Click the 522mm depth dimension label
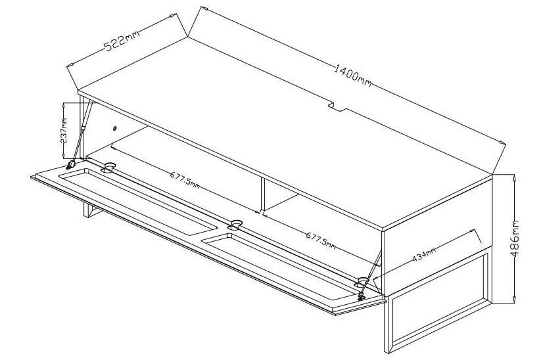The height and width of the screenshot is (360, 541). tap(122, 40)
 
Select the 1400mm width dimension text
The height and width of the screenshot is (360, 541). tap(352, 76)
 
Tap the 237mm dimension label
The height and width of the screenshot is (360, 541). tap(64, 131)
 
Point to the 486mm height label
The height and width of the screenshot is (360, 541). tap(515, 238)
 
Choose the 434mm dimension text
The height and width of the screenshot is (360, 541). tap(425, 254)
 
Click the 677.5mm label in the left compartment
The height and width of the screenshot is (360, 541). tap(185, 180)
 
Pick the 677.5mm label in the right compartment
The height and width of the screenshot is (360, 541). tap(321, 240)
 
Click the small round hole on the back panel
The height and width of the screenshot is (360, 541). tap(115, 129)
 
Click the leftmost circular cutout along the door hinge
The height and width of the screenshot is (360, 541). tap(108, 168)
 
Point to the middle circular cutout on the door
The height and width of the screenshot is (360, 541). tap(235, 225)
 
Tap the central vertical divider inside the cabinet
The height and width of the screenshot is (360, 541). tap(263, 194)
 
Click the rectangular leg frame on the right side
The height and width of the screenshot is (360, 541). tap(438, 304)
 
